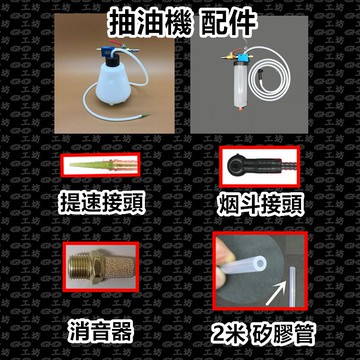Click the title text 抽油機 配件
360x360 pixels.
point(181,19)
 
